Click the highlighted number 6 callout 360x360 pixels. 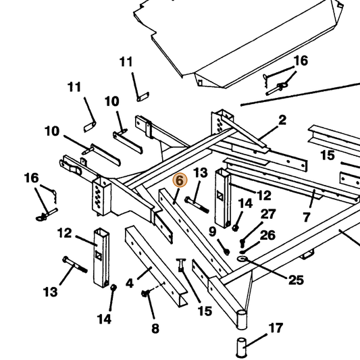click(180, 180)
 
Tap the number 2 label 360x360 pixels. click(282, 120)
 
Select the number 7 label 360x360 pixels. click(307, 217)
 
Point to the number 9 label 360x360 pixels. click(213, 232)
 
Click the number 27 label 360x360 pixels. click(268, 214)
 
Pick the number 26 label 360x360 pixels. click(267, 235)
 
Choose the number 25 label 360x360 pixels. click(296, 280)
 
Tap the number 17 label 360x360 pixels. click(276, 328)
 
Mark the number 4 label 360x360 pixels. click(130, 283)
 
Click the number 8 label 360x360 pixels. click(155, 328)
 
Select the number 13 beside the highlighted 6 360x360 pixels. click(201, 173)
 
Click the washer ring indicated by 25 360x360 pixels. click(242, 259)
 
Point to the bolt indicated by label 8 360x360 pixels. click(145, 292)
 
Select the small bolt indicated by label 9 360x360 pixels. click(227, 252)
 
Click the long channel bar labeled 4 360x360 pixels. click(156, 266)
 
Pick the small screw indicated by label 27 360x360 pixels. click(242, 242)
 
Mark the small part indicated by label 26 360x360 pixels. click(242, 253)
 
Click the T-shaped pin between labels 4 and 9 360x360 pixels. click(181, 265)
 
